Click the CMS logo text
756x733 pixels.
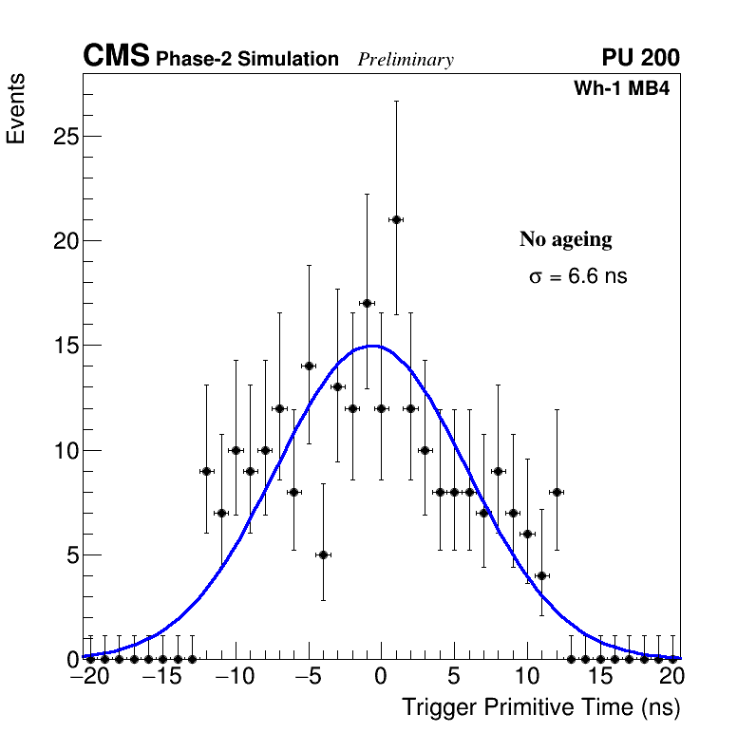116,57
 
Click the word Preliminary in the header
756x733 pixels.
406,60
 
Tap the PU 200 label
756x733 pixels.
640,58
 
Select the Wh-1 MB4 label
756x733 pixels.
622,89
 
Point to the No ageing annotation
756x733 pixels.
565,239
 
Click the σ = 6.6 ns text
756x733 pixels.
577,277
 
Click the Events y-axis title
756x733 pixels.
16,109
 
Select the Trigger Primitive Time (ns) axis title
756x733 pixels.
540,707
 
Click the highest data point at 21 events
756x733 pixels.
396,219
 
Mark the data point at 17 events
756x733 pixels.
367,303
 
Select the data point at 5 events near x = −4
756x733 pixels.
323,554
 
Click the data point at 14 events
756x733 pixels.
309,366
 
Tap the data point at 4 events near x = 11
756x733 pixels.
541,575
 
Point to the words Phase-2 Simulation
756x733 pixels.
247,60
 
